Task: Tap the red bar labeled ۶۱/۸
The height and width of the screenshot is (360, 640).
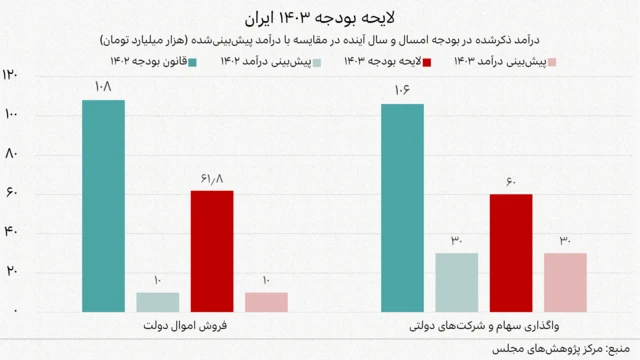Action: (212, 250)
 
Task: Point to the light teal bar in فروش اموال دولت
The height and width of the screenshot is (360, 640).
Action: (157, 301)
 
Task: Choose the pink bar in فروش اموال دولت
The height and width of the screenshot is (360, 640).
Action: (266, 301)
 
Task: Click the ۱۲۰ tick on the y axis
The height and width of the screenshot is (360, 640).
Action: (11, 76)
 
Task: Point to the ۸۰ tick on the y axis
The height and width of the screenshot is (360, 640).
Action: (11, 154)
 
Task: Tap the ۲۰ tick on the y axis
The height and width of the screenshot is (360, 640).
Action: (11, 272)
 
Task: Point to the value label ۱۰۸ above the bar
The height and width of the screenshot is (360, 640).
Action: (103, 88)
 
